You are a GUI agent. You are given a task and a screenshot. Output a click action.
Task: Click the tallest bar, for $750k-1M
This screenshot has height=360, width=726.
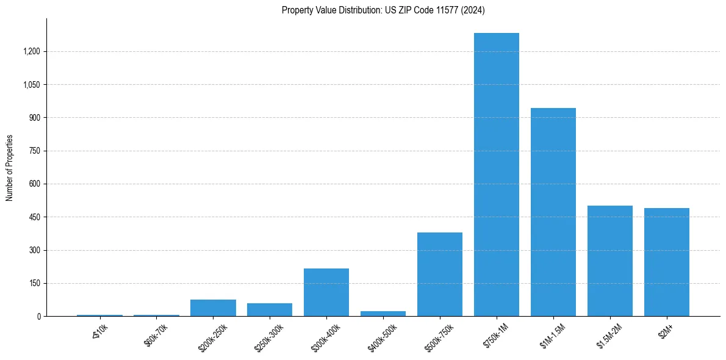496,175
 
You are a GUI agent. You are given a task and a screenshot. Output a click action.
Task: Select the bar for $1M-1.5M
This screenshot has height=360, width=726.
553,212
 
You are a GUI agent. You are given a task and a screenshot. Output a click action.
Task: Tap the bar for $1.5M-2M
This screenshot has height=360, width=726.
609,261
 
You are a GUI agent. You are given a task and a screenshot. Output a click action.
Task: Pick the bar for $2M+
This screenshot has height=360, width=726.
666,262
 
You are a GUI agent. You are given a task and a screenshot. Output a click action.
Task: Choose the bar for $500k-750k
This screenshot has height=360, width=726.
439,275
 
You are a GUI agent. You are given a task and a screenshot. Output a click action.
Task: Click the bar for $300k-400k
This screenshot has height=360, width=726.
326,292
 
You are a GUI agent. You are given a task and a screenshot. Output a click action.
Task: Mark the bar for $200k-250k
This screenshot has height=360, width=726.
213,308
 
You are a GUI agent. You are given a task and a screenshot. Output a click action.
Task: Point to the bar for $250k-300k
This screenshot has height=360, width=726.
269,310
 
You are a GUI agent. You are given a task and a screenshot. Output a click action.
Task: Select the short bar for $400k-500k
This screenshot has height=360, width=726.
383,314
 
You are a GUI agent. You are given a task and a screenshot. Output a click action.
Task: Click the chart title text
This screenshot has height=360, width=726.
383,10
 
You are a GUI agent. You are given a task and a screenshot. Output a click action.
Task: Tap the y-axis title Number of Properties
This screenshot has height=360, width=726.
10,168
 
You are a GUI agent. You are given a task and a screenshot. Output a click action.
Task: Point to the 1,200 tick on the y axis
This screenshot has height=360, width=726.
31,51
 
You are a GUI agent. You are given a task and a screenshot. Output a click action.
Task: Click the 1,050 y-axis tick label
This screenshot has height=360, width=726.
31,85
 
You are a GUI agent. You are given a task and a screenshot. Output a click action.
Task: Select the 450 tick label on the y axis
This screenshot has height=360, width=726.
34,217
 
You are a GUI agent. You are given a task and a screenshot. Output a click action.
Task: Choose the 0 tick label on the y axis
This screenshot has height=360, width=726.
38,317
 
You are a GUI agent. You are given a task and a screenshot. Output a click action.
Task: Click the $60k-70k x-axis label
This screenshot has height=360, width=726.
156,335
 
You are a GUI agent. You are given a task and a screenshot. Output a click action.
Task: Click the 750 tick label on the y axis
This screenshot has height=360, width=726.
34,151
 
